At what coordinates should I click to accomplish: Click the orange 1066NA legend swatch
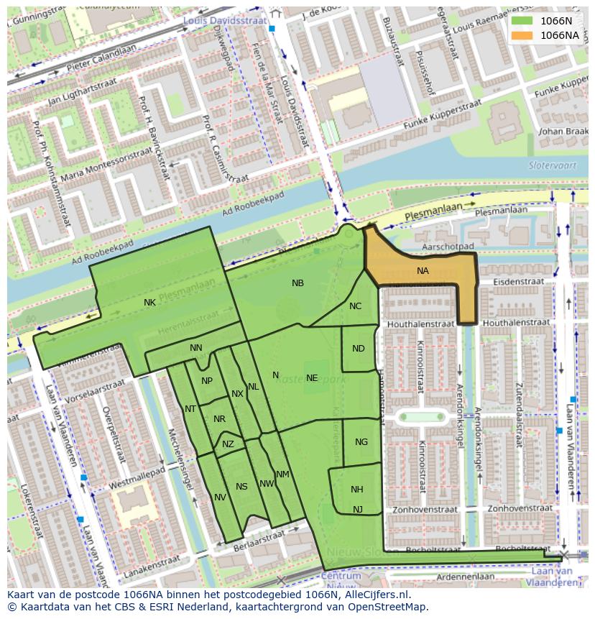(x=522, y=35)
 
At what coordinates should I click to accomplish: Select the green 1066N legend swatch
(x=522, y=21)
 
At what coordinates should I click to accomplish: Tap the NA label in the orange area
(x=423, y=271)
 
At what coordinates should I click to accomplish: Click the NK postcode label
(x=149, y=303)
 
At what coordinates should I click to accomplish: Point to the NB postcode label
(x=297, y=283)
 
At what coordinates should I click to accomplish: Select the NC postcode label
(x=355, y=306)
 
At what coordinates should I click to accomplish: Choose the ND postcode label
(x=359, y=349)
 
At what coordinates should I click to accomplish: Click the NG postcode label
(x=361, y=442)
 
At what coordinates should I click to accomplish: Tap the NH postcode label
(x=357, y=490)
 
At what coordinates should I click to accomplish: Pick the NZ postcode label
(x=228, y=444)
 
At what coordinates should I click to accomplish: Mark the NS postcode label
(x=241, y=487)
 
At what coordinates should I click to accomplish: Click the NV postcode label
(x=220, y=498)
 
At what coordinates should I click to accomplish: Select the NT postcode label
(x=190, y=409)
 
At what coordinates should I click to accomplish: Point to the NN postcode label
(x=196, y=348)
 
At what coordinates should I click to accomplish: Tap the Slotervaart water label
(x=548, y=165)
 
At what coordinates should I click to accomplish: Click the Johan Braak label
(x=562, y=132)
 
